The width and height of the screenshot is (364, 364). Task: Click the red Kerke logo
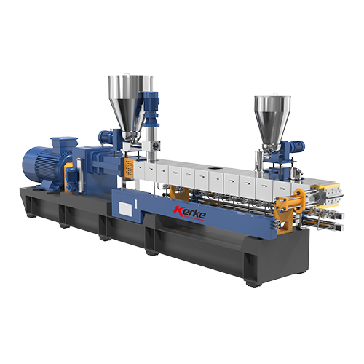(x=190, y=213)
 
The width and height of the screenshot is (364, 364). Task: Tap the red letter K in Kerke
(x=178, y=210)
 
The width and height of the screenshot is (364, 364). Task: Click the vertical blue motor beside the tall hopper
(x=151, y=108)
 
